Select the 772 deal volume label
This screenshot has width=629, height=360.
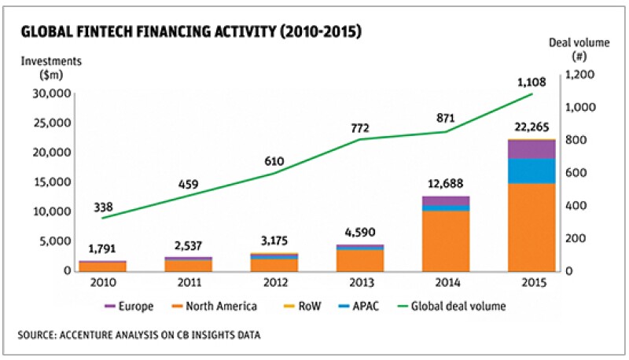(x=339, y=127)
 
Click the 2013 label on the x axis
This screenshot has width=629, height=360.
(x=337, y=281)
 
